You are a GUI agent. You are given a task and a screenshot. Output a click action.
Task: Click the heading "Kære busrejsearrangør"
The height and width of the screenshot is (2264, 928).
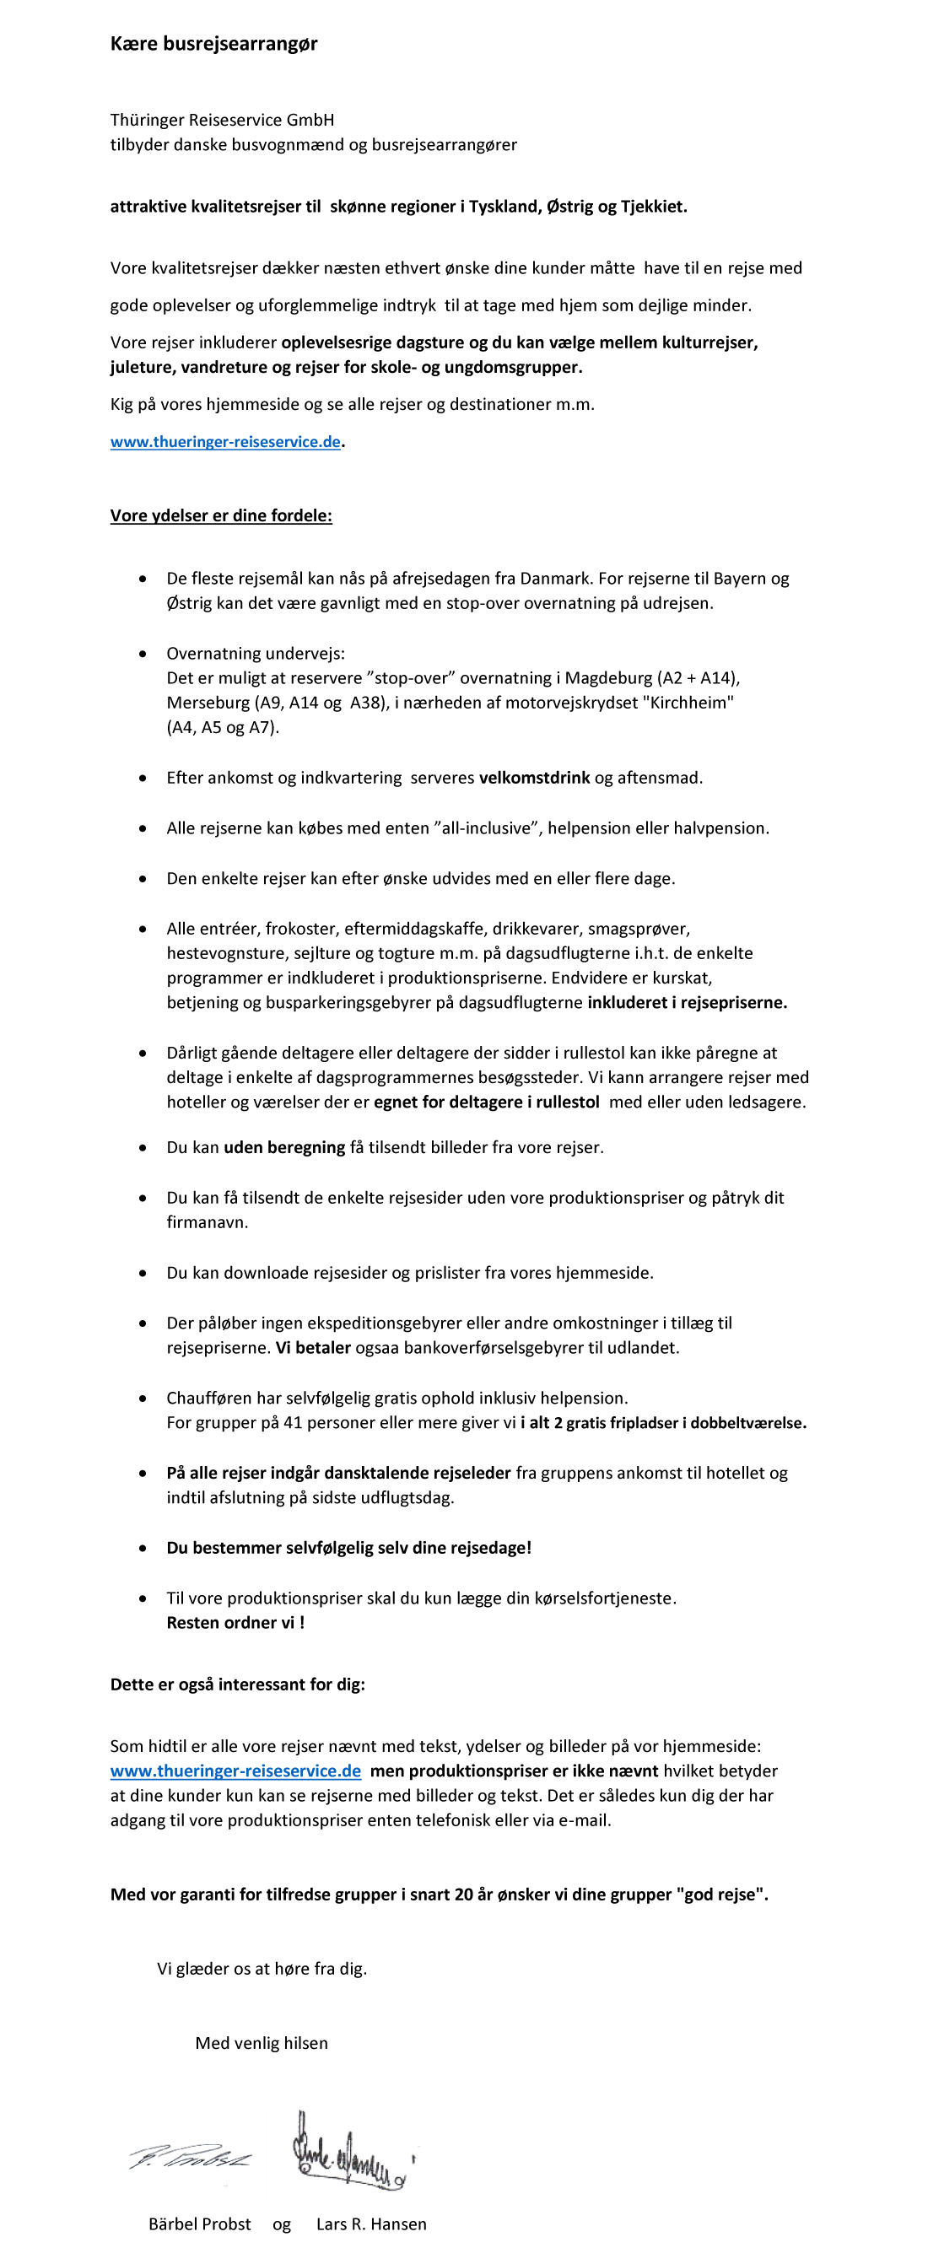[213, 44]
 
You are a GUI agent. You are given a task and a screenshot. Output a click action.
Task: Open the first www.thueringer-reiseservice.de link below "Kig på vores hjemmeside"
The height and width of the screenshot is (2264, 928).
[225, 442]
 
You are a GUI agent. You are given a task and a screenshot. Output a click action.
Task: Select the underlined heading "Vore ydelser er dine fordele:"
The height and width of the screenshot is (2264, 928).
[221, 516]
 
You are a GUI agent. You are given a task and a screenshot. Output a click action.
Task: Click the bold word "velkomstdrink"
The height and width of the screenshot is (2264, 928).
[534, 778]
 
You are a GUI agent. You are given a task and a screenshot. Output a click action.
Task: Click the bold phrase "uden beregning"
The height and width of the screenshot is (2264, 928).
[283, 1147]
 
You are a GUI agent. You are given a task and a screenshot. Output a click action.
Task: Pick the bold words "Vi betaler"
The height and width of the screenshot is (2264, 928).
[313, 1347]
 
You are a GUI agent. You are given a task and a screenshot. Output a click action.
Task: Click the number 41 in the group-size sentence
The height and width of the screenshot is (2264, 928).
[293, 1422]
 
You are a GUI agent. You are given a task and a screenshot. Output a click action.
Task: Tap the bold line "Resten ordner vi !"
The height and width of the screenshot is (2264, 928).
[235, 1622]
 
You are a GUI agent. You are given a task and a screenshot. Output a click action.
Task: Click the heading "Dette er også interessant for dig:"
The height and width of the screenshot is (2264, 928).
[237, 1684]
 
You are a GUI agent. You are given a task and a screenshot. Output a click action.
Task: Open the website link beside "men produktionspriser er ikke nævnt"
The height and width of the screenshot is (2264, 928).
[235, 1770]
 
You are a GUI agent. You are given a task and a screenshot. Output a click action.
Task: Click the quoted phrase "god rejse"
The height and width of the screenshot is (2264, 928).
[721, 1894]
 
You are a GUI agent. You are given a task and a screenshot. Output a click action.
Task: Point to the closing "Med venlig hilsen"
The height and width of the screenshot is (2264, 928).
[261, 2042]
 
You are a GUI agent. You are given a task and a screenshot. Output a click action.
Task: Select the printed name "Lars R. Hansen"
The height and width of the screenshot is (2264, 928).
[371, 2224]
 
